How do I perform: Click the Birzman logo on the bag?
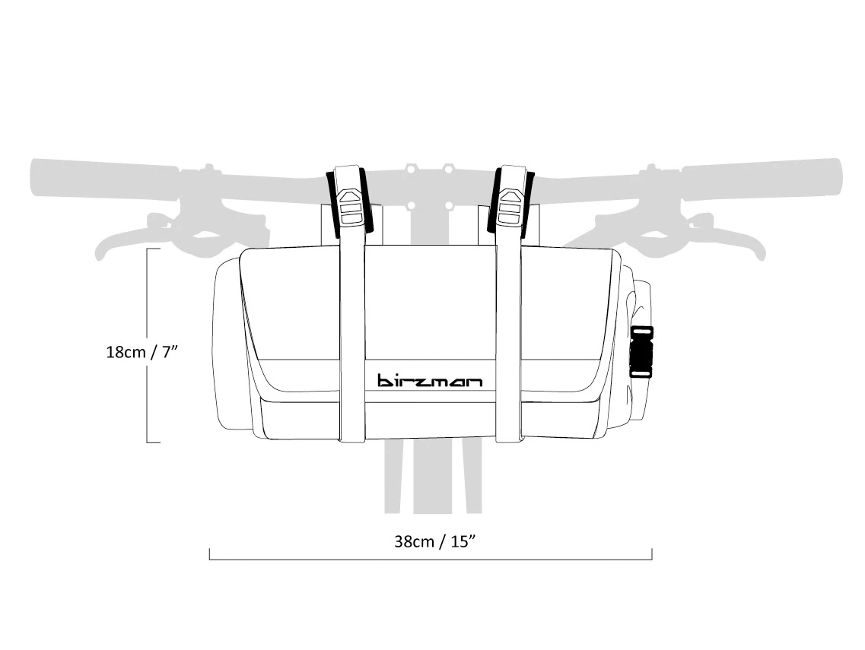click(430, 380)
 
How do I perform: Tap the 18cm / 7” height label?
click(142, 353)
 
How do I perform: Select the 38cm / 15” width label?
click(435, 541)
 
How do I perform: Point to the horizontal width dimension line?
click(430, 560)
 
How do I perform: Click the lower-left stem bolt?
click(411, 205)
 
